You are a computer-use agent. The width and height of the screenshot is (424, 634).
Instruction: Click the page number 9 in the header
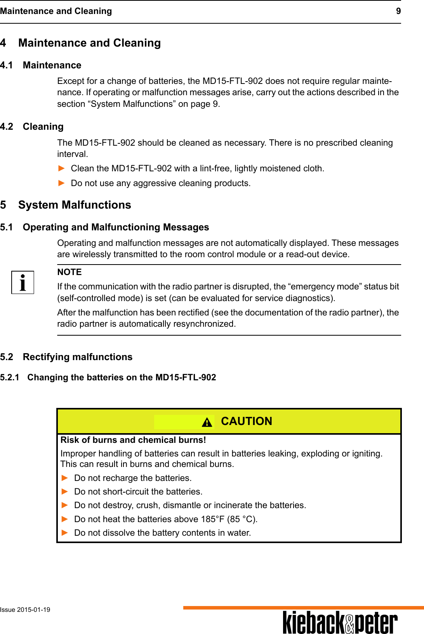398,11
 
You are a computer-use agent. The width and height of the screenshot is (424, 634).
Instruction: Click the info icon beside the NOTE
23,282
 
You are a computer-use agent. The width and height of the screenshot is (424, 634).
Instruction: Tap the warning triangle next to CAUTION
207,422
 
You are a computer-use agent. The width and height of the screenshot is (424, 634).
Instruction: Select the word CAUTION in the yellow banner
246,421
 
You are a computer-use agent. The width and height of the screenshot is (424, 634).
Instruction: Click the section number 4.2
7,127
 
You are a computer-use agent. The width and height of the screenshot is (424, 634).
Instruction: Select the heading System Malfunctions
75,205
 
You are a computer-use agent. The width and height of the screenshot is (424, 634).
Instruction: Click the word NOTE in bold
70,272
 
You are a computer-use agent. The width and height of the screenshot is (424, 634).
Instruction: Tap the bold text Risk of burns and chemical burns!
133,440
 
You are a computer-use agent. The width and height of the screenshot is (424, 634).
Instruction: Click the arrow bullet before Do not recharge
65,478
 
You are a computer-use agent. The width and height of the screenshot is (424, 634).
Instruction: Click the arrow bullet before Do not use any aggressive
61,183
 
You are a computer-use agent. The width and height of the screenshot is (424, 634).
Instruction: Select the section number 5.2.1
10,377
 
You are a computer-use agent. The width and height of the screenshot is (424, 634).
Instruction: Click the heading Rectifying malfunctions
78,357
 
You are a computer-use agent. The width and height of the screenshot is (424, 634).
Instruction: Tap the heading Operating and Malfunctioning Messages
116,227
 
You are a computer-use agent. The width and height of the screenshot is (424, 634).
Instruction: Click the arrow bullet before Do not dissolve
65,533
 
